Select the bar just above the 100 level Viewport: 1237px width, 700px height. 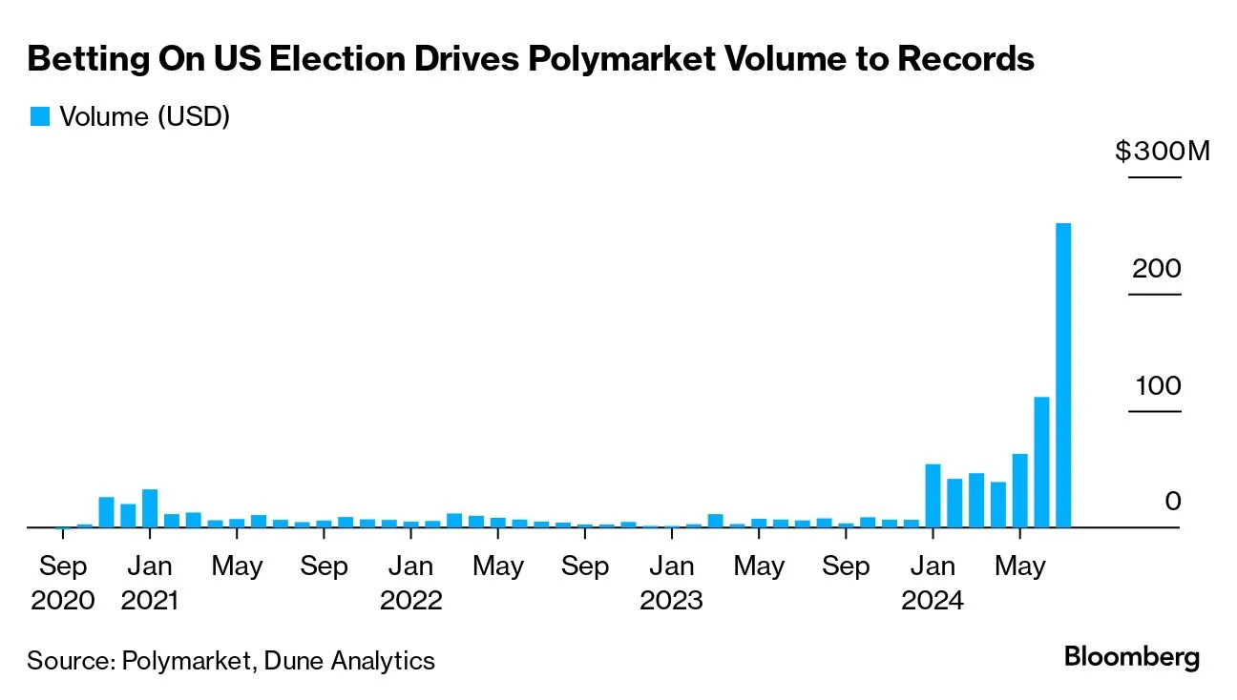pyautogui.click(x=1041, y=462)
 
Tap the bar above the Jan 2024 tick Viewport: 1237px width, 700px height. pyautogui.click(x=933, y=495)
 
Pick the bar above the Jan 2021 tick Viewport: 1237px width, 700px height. pyautogui.click(x=149, y=507)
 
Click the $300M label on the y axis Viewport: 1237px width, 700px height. pyautogui.click(x=1162, y=151)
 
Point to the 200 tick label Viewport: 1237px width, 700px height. pyautogui.click(x=1156, y=268)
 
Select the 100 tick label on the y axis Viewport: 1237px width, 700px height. pyautogui.click(x=1156, y=386)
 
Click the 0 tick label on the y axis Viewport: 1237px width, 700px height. pyautogui.click(x=1172, y=502)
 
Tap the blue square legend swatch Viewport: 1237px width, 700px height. pyautogui.click(x=39, y=116)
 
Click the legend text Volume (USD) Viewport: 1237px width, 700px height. pyautogui.click(x=144, y=116)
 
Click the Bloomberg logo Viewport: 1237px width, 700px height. pyautogui.click(x=1132, y=657)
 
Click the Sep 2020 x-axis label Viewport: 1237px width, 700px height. pyautogui.click(x=62, y=583)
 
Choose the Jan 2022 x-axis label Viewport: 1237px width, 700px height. pyautogui.click(x=410, y=583)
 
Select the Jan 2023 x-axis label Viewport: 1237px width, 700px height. pyautogui.click(x=671, y=583)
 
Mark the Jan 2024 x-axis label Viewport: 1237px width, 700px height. pyautogui.click(x=933, y=583)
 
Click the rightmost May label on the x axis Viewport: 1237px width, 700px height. pyautogui.click(x=1019, y=566)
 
